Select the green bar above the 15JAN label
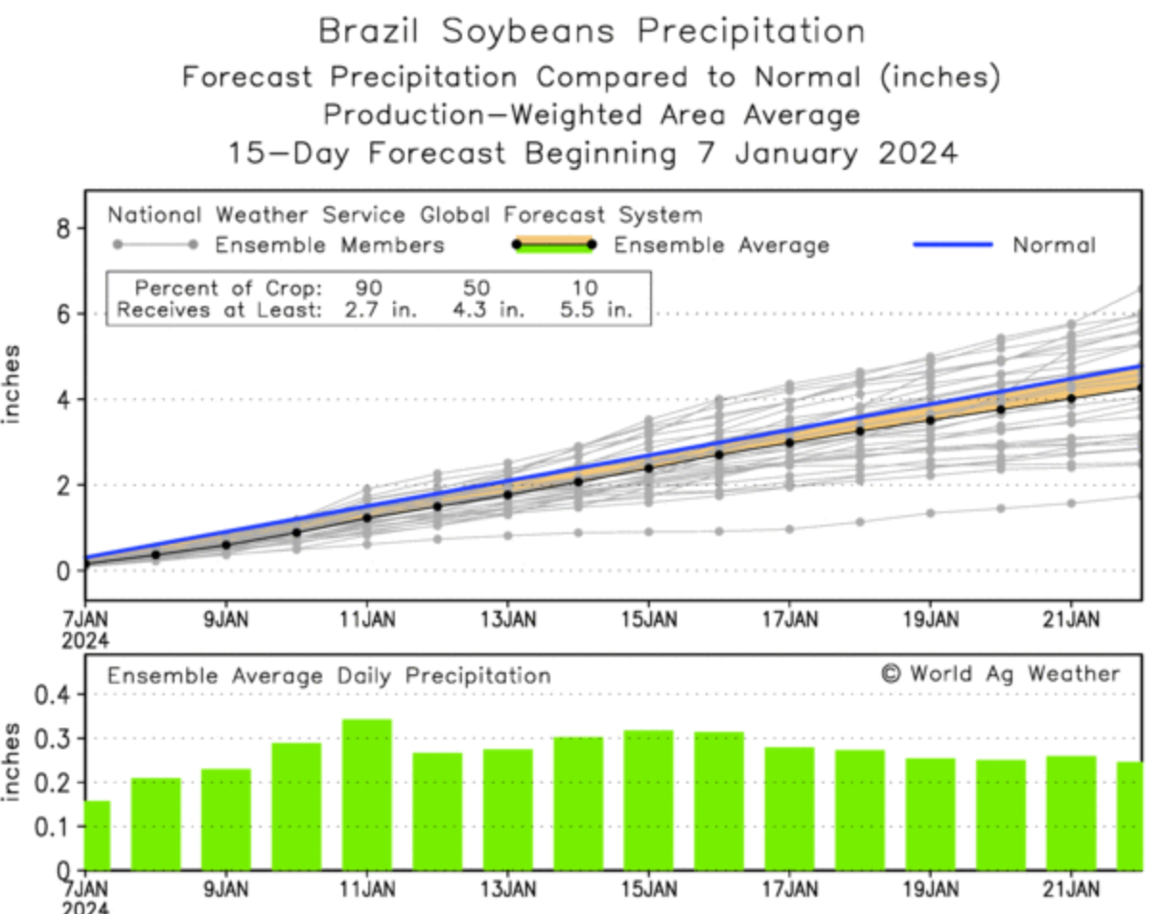click(x=648, y=800)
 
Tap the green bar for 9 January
click(x=226, y=819)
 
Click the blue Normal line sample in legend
click(x=952, y=245)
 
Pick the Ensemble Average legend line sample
click(x=553, y=245)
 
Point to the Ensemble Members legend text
click(x=330, y=246)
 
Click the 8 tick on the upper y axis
click(x=62, y=228)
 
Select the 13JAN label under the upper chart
click(x=508, y=620)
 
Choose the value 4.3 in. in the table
click(x=490, y=311)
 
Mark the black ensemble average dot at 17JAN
click(x=790, y=442)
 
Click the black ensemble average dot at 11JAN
click(x=367, y=518)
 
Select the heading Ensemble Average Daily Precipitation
click(x=329, y=676)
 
